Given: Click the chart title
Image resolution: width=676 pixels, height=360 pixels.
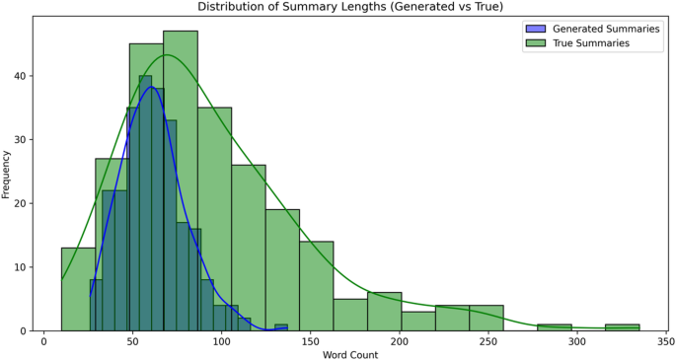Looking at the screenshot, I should pyautogui.click(x=350, y=7).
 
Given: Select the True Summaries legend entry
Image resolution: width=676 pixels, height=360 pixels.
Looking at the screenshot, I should pyautogui.click(x=590, y=42).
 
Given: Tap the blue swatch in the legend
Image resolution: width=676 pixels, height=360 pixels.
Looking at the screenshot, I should pyautogui.click(x=535, y=29).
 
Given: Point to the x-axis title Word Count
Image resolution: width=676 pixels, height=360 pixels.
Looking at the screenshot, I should pyautogui.click(x=350, y=353).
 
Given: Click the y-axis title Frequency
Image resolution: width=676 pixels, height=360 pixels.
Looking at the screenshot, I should pyautogui.click(x=7, y=175).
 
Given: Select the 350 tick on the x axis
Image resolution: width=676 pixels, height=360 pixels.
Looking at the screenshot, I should pyautogui.click(x=666, y=341).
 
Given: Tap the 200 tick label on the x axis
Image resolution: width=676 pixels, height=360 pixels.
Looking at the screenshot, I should pyautogui.click(x=400, y=341).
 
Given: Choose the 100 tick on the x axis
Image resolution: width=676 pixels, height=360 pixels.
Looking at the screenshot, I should pyautogui.click(x=222, y=341).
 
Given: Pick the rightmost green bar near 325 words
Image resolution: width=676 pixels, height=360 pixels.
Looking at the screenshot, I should pyautogui.click(x=622, y=327).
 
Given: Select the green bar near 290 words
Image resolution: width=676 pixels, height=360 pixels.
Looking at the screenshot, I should pyautogui.click(x=555, y=327).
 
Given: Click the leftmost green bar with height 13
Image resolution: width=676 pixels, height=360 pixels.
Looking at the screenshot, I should pyautogui.click(x=78, y=291).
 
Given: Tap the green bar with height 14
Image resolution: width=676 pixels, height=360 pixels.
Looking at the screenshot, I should pyautogui.click(x=317, y=286).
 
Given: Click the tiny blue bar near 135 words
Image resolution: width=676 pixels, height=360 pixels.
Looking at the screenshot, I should pyautogui.click(x=281, y=327).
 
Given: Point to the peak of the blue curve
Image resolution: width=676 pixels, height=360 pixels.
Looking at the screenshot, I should pyautogui.click(x=151, y=87).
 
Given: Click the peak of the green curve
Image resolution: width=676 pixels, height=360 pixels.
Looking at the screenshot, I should pyautogui.click(x=168, y=54).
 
